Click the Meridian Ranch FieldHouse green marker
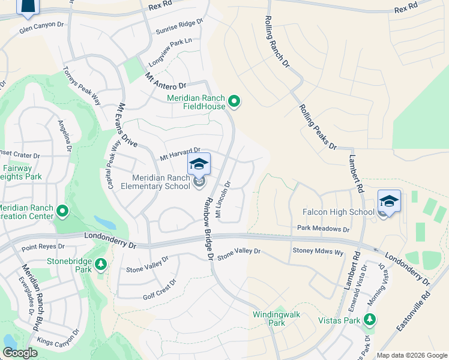235,102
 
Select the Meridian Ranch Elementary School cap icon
199,163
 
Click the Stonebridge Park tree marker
101,263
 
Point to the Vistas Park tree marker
371,320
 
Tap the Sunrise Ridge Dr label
179,26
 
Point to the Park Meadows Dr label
323,229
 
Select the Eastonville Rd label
414,311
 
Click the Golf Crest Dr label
160,289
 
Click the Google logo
20,353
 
